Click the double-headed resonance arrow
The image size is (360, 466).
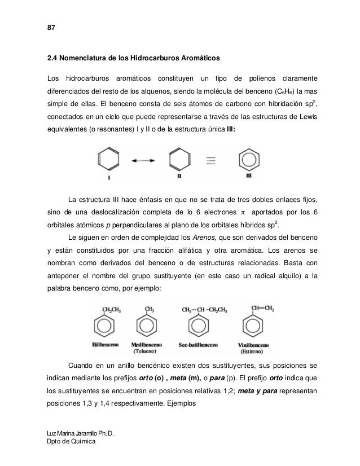(x=144, y=161)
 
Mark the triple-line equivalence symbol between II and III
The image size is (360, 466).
(x=210, y=160)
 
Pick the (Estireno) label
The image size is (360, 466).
(x=257, y=350)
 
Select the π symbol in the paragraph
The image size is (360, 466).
(x=243, y=212)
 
